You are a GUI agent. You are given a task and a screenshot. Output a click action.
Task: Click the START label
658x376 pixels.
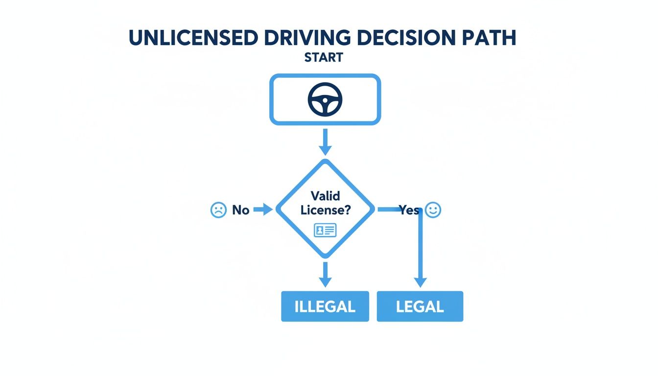[x=324, y=57]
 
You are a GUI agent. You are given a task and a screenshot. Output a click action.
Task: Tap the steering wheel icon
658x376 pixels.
[x=325, y=99]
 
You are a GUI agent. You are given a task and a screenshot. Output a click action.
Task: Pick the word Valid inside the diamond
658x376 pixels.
[x=325, y=198]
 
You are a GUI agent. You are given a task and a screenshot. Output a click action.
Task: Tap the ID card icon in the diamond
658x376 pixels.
[x=325, y=230]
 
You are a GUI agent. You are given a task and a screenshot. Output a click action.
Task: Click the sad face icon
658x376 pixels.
[x=218, y=210]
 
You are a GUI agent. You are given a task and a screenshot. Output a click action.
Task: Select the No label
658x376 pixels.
[x=241, y=211]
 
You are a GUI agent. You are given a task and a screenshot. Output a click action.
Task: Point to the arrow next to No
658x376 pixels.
[x=263, y=210]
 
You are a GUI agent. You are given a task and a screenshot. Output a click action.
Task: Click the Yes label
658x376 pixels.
[x=409, y=210]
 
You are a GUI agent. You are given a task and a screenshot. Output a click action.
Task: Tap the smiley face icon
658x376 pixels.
[x=433, y=210]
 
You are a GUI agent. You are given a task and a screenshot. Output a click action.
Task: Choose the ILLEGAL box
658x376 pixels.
[x=325, y=306]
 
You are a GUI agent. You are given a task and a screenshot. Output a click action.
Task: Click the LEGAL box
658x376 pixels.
[x=420, y=306]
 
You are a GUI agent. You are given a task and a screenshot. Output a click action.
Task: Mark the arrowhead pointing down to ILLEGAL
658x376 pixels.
[x=325, y=282]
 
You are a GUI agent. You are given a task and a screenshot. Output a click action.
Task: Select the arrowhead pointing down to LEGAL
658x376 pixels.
[x=420, y=282]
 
